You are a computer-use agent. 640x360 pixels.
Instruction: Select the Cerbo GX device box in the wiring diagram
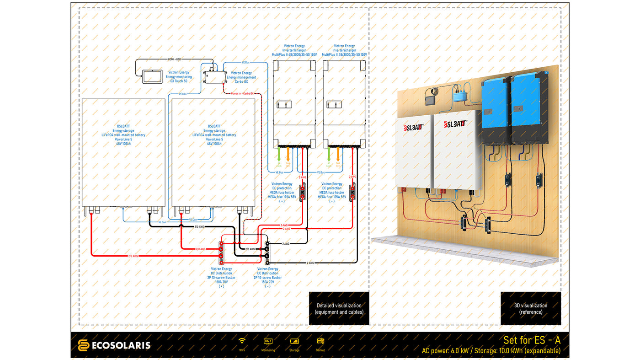(214, 76)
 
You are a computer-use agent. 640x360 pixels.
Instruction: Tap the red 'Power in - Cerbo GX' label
(242, 93)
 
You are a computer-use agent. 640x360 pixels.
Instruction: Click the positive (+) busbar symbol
(221, 253)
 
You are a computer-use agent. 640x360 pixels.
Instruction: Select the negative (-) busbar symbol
(267, 253)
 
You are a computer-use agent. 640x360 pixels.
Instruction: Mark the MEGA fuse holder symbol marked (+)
(302, 193)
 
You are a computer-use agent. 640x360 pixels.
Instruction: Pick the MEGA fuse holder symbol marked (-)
(352, 193)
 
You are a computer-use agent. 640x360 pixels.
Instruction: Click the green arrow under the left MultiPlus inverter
(279, 153)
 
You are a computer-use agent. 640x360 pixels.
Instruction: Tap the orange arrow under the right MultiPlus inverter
(338, 153)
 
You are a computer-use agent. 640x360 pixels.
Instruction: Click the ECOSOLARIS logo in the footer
(114, 345)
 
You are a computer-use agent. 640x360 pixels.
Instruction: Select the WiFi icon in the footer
(242, 341)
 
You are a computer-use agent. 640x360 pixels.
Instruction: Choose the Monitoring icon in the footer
(268, 341)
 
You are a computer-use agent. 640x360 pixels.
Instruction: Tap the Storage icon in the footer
(294, 341)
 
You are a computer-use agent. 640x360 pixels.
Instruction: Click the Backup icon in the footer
(320, 341)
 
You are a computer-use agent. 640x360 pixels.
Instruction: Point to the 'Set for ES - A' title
(532, 340)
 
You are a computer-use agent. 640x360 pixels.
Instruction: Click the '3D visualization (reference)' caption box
(530, 308)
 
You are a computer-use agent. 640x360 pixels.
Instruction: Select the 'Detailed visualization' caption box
(339, 308)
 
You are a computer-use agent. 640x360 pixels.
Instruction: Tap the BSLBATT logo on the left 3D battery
(413, 128)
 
